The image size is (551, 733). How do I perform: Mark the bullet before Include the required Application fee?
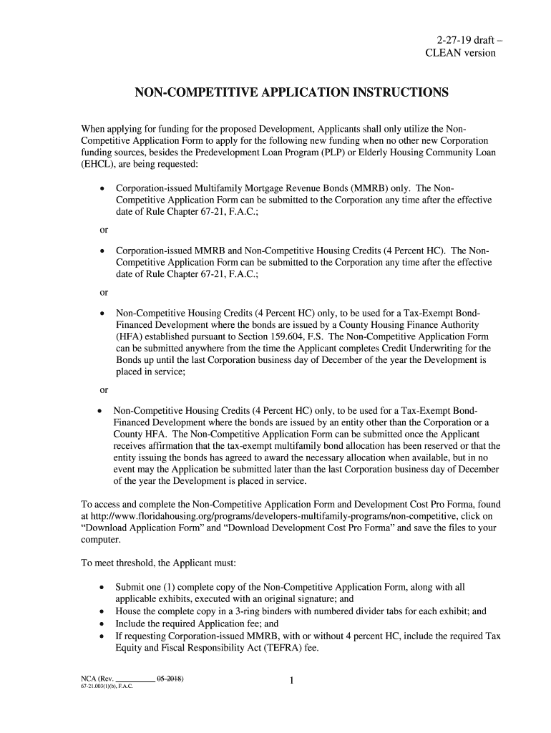point(104,623)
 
